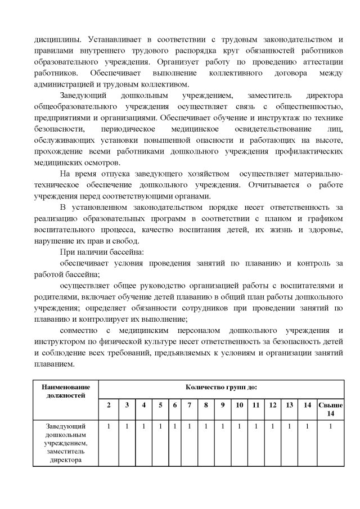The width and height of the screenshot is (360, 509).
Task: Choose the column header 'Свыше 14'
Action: pos(330,409)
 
